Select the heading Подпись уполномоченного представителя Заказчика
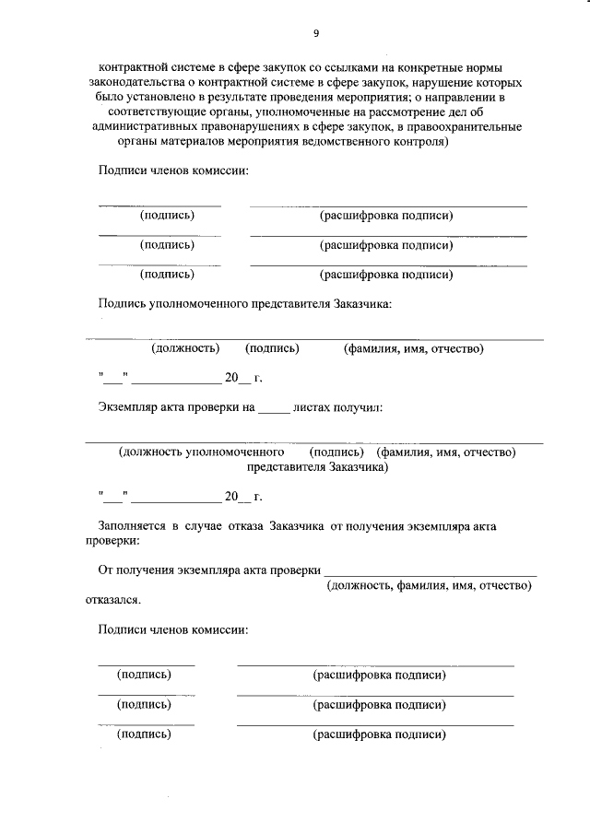click(x=246, y=302)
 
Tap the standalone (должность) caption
click(x=185, y=348)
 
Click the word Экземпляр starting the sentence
click(x=129, y=406)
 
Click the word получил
click(x=361, y=406)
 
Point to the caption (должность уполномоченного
click(x=200, y=452)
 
